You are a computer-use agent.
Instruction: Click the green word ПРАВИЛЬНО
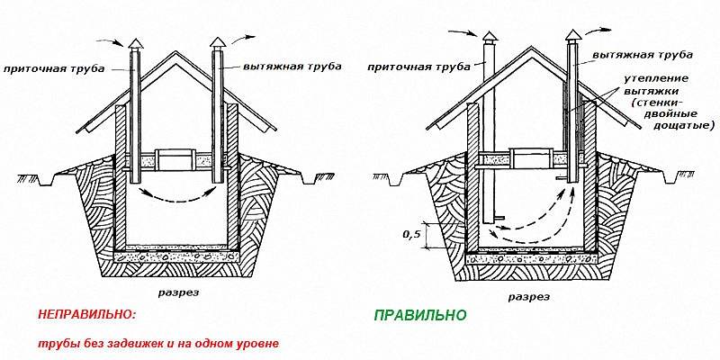coord(419,316)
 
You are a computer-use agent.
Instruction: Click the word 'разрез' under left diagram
coord(180,292)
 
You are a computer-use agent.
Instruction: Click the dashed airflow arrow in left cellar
coord(175,194)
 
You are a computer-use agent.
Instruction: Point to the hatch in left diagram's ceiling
coord(175,160)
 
